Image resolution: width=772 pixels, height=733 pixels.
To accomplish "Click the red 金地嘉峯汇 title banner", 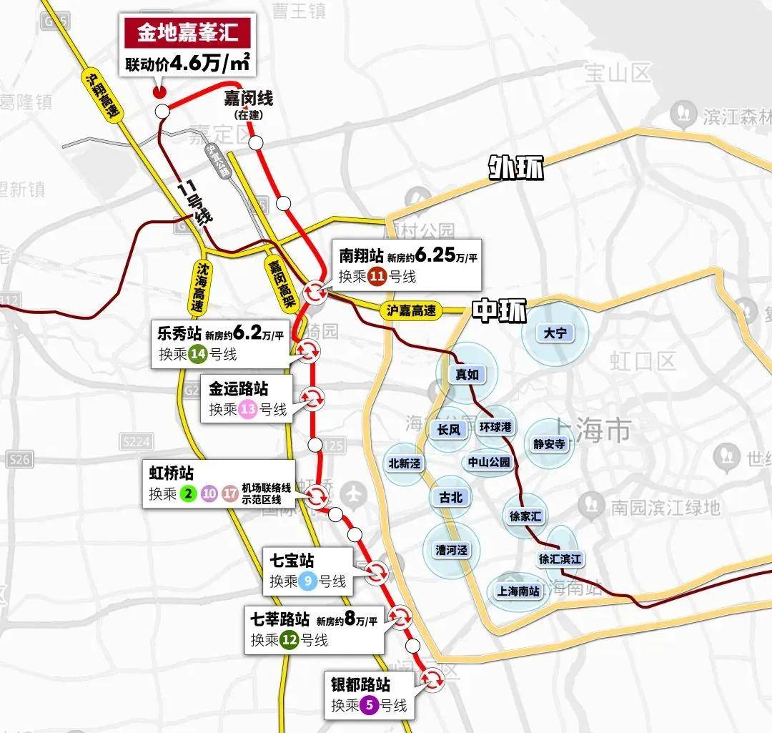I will pyautogui.click(x=188, y=33).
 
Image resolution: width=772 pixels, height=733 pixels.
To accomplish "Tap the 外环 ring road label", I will pyautogui.click(x=515, y=168).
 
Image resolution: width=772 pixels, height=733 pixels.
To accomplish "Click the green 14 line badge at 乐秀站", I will pyautogui.click(x=198, y=354).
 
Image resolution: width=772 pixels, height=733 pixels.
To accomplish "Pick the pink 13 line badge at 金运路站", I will pyautogui.click(x=248, y=410).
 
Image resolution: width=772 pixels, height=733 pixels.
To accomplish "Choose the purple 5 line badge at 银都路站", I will pyautogui.click(x=369, y=705).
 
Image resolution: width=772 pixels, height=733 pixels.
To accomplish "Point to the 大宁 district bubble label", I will pyautogui.click(x=555, y=333).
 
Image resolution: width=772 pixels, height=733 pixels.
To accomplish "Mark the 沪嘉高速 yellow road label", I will pyautogui.click(x=410, y=310).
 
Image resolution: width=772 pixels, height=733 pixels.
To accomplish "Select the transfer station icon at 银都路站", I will pyautogui.click(x=432, y=678).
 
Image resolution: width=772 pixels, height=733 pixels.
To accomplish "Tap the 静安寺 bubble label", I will pyautogui.click(x=549, y=444).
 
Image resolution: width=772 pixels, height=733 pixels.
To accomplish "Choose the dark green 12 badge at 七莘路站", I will pyautogui.click(x=289, y=640).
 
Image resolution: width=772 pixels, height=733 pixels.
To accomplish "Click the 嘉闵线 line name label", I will pyautogui.click(x=247, y=99).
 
